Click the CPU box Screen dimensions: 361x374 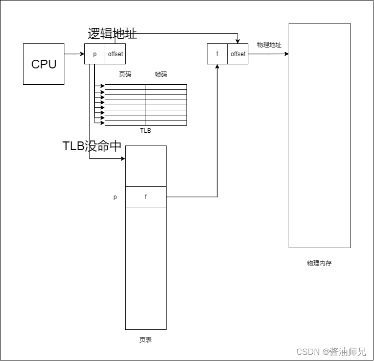(x=43, y=64)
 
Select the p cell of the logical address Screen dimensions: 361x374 (x=95, y=54)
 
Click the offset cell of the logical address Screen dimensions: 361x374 (x=115, y=54)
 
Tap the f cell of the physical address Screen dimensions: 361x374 (x=217, y=54)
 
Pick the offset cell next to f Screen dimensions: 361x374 (x=238, y=54)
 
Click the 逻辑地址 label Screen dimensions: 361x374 (x=112, y=34)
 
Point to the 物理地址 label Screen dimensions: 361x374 (x=269, y=45)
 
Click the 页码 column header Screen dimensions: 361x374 (x=125, y=75)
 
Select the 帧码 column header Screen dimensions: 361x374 (x=161, y=75)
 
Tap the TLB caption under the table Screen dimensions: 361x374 (x=146, y=131)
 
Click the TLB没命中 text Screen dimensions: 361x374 (x=92, y=146)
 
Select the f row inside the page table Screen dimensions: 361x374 (x=146, y=197)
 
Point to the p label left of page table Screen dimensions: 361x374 (x=115, y=197)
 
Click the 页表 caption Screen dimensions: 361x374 (x=146, y=340)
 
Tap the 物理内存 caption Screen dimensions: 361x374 (x=319, y=263)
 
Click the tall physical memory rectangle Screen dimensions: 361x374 (x=319, y=135)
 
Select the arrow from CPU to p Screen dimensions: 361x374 (x=74, y=54)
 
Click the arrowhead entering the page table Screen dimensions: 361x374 (x=123, y=159)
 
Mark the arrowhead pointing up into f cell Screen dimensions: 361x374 (x=217, y=67)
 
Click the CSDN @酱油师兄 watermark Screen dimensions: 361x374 (x=331, y=352)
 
